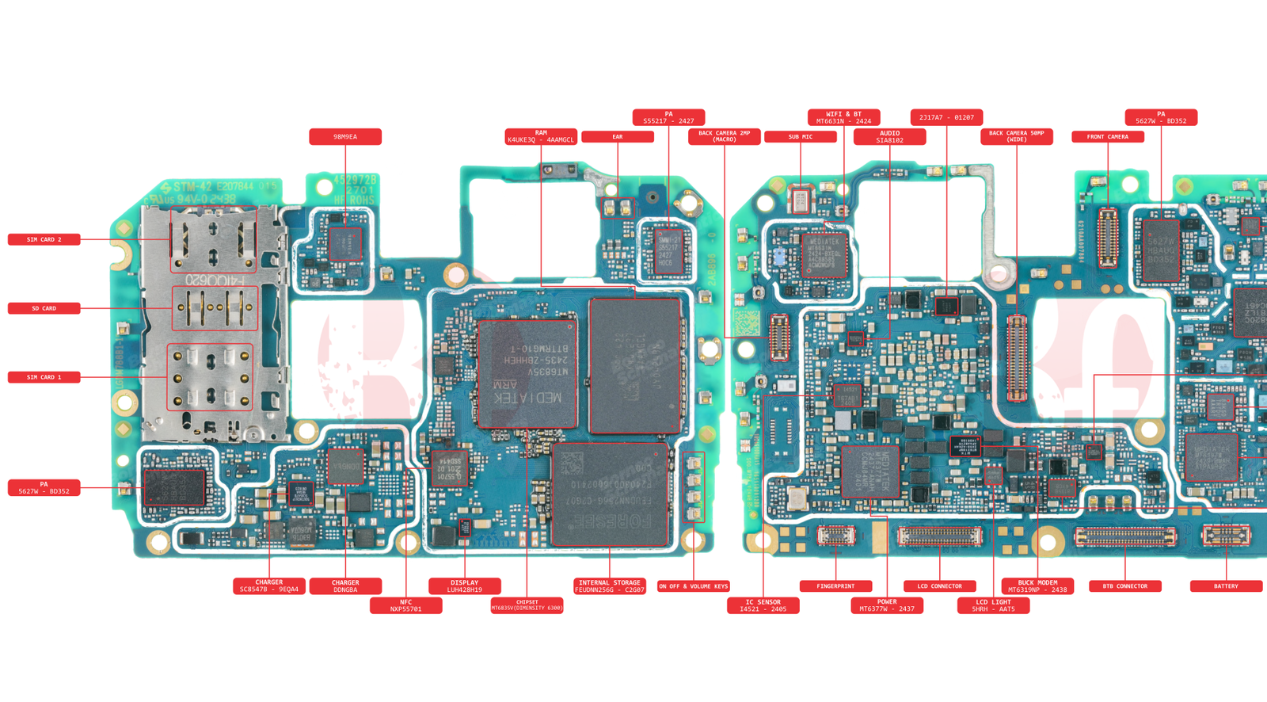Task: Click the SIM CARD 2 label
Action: (44, 239)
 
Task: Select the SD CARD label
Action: (44, 308)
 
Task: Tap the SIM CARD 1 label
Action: (44, 377)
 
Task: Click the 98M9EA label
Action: (345, 137)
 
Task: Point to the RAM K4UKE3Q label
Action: (541, 136)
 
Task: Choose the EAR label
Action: (618, 137)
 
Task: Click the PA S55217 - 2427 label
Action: (668, 117)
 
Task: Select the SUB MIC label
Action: (800, 137)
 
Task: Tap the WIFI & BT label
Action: (843, 117)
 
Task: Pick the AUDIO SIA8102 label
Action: (889, 137)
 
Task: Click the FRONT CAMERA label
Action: (1107, 137)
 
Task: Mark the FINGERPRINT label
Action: (835, 586)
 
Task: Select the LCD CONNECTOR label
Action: (939, 586)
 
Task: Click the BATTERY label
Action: (1226, 586)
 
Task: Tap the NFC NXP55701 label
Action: (405, 605)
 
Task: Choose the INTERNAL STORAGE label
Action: (609, 586)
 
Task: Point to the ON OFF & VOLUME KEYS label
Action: (693, 586)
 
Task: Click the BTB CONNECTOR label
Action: (1124, 586)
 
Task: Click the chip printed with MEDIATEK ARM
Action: (527, 374)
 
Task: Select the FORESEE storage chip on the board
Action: (611, 494)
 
